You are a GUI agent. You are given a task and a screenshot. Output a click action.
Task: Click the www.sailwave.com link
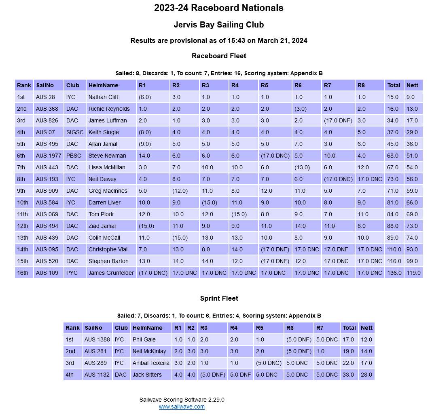pos(182,407)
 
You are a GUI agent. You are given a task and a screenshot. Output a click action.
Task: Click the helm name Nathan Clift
pos(103,97)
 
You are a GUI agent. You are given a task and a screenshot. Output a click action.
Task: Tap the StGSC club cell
pos(75,132)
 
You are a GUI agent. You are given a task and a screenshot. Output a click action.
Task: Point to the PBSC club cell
pos(74,156)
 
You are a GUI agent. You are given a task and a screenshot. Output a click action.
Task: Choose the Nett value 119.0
pos(413,273)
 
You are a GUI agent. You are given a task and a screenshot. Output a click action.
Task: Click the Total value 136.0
pos(394,273)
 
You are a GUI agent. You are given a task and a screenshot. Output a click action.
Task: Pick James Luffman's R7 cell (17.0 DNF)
pos(338,120)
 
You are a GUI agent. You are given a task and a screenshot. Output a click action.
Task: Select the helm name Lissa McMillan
pos(107,167)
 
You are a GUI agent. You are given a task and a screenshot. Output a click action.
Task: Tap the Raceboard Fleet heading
pos(219,56)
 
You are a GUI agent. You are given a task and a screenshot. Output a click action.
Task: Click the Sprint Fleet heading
pos(219,298)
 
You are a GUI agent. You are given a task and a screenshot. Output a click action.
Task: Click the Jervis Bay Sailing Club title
pos(219,25)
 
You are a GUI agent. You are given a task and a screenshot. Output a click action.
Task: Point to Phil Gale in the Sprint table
pos(144,339)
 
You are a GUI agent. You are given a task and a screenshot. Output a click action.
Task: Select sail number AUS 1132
pos(97,375)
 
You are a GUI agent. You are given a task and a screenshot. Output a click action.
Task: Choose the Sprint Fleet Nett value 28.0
pos(366,375)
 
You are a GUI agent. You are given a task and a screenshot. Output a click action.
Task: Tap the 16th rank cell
pos(23,273)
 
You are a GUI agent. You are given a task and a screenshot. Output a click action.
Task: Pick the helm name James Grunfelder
pos(111,273)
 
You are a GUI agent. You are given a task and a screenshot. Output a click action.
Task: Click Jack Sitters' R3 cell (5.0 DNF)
pos(212,375)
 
